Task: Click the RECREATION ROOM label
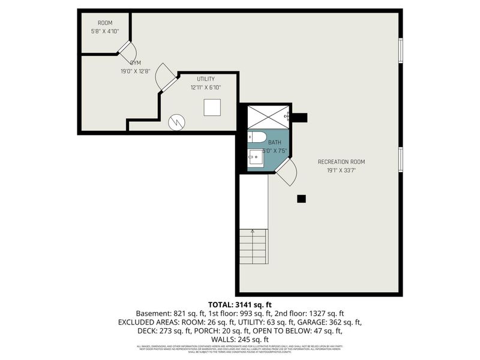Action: tap(341, 161)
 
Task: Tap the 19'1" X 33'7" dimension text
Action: tap(341, 170)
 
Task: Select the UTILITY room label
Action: tap(206, 79)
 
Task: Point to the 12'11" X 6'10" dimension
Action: tap(206, 87)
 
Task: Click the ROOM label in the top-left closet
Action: tap(105, 23)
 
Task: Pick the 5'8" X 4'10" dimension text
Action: tap(105, 31)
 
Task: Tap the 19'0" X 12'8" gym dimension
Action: tap(134, 70)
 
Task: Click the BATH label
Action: tap(266, 142)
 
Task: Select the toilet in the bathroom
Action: tap(257, 136)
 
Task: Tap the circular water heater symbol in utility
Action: tap(176, 121)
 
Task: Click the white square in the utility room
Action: tap(212, 107)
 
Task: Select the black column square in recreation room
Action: tap(302, 199)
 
